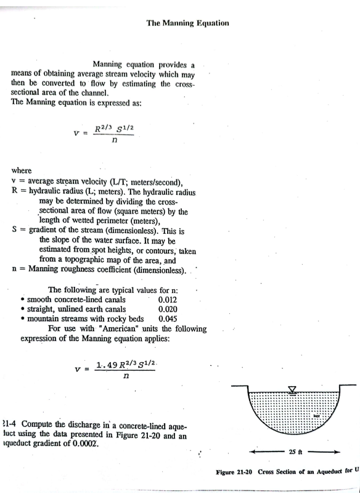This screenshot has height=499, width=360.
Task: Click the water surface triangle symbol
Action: (x=292, y=389)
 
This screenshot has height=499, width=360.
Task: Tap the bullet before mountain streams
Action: (x=23, y=320)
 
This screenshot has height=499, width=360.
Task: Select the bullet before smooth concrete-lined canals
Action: (x=23, y=300)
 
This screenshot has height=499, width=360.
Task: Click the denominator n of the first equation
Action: (x=116, y=140)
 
